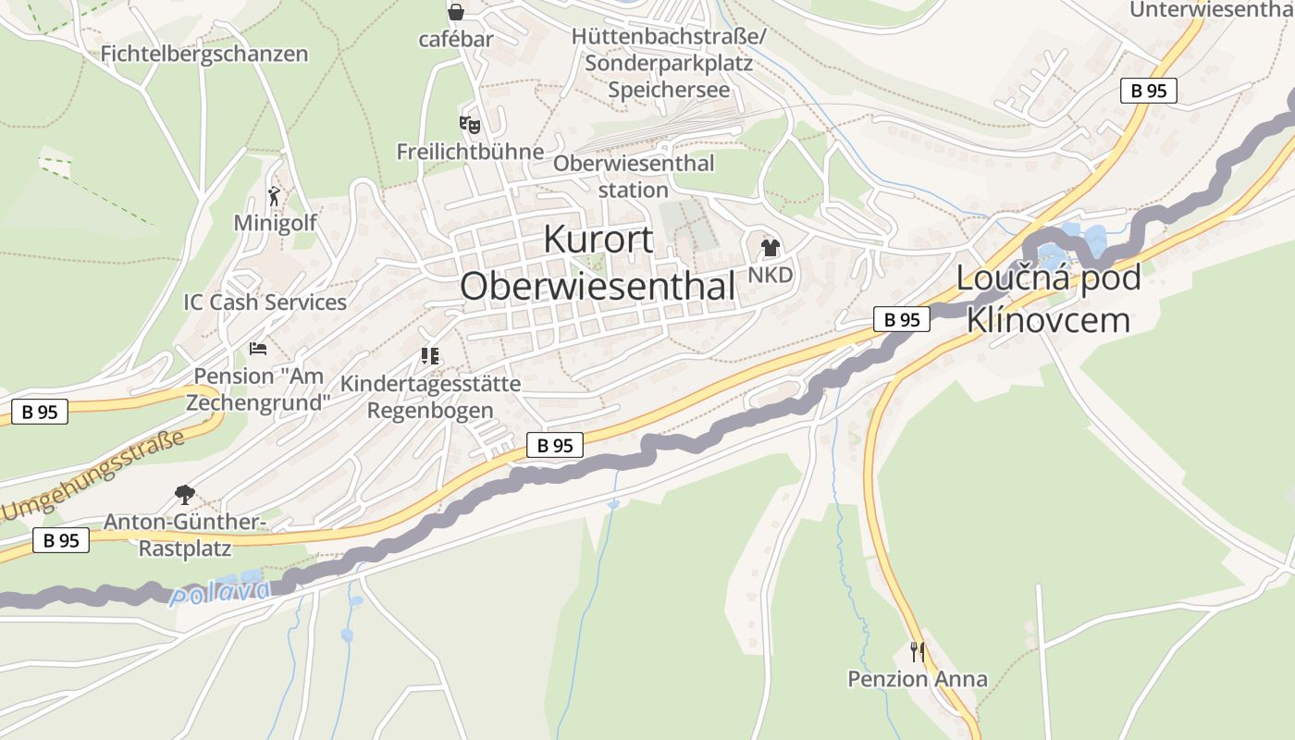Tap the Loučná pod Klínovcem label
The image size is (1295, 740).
pyautogui.click(x=1048, y=299)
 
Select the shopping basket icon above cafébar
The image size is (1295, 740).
pyautogui.click(x=456, y=12)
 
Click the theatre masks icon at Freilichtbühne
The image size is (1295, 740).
pyautogui.click(x=470, y=123)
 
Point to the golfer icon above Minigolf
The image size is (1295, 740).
pyautogui.click(x=275, y=195)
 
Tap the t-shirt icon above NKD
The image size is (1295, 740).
pyautogui.click(x=770, y=247)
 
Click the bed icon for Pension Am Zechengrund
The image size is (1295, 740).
pyautogui.click(x=258, y=349)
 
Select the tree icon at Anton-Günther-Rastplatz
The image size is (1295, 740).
pyautogui.click(x=185, y=494)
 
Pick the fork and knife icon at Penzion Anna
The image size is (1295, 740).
pyautogui.click(x=917, y=651)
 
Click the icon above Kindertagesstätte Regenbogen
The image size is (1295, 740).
pyautogui.click(x=430, y=355)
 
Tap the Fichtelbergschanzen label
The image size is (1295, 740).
pyautogui.click(x=204, y=54)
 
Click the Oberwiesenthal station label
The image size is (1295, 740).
pyautogui.click(x=634, y=176)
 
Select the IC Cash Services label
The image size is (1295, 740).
pyautogui.click(x=265, y=302)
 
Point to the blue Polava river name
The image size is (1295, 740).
pyautogui.click(x=220, y=592)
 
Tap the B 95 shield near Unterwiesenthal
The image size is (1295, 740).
pyautogui.click(x=1149, y=91)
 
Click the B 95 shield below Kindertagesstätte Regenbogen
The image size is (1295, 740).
pyautogui.click(x=555, y=445)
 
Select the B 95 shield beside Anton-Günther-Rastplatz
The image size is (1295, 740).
pyautogui.click(x=62, y=540)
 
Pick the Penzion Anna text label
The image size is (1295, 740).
pyautogui.click(x=917, y=679)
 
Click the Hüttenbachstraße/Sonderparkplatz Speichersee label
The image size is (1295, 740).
pyautogui.click(x=669, y=63)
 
